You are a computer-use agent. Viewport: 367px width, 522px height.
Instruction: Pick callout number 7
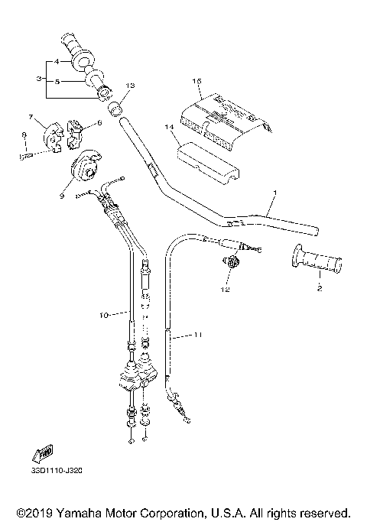(31, 117)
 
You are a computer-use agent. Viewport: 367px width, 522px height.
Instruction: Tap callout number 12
(225, 289)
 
